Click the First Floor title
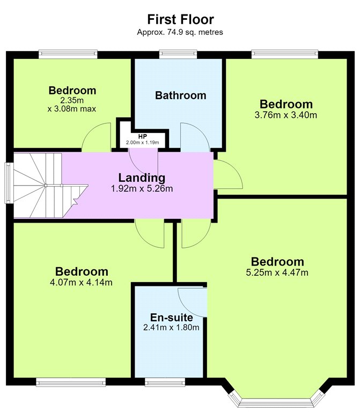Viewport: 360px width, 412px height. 180,19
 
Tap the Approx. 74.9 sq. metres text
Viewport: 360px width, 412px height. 180,32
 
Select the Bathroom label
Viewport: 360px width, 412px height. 180,95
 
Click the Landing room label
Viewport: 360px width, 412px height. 142,178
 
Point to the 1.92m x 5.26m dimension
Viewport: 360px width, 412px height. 142,189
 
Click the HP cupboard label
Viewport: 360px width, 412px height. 142,137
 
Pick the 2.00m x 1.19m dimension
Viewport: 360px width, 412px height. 142,143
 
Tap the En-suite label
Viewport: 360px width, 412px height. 171,318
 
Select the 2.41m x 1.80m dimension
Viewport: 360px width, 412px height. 171,328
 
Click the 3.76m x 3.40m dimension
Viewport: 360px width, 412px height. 285,115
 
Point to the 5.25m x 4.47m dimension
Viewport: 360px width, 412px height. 277,273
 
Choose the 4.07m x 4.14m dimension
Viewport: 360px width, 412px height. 81,283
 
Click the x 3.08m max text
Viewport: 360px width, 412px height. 72,109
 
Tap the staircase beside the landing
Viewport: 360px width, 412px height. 47,186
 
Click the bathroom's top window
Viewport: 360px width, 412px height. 178,54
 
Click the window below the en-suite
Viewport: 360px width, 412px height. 165,382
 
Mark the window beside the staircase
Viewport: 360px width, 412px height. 9,183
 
